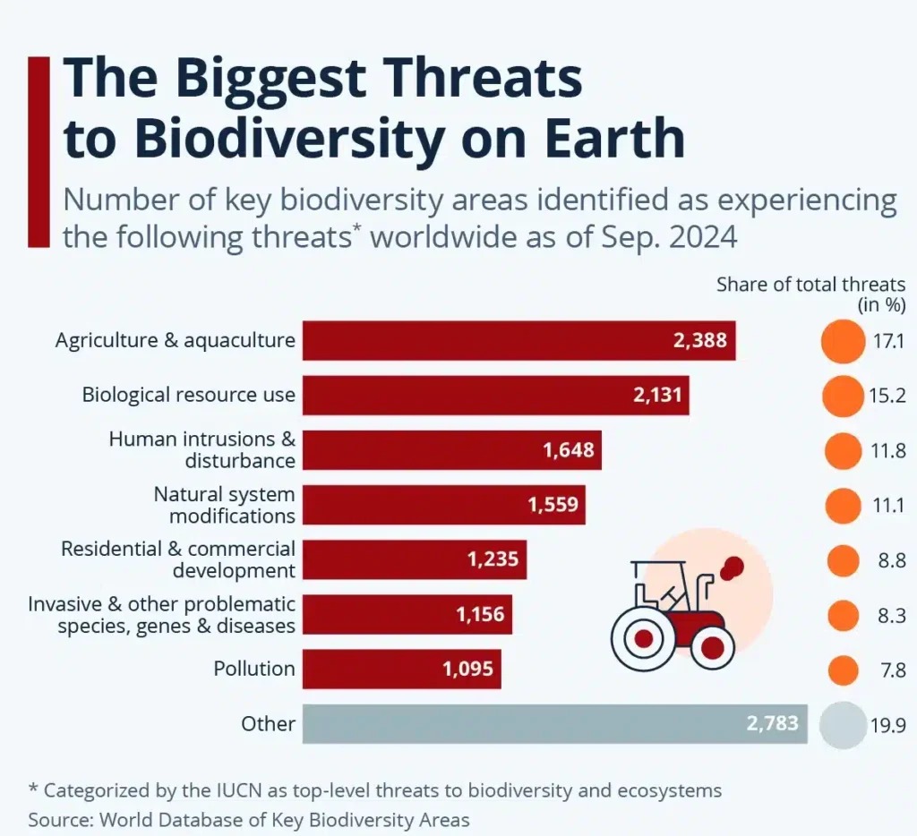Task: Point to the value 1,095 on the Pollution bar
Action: coord(467,669)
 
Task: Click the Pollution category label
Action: coord(254,669)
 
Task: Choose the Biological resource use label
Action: coord(188,395)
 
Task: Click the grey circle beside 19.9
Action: coord(841,723)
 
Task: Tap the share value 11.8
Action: coord(887,451)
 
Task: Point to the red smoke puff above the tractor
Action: coord(733,566)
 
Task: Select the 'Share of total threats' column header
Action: coord(810,285)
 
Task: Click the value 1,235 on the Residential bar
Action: coord(493,559)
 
